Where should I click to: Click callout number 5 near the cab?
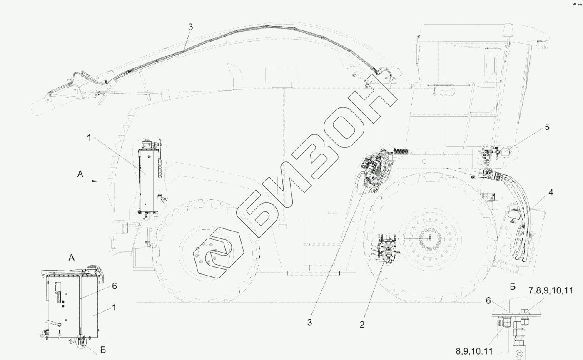coord(547,127)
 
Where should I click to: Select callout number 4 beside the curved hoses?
coord(551,192)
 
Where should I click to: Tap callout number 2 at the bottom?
coord(362,325)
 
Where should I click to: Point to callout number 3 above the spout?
coord(191,27)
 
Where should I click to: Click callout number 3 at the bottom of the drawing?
coord(309,323)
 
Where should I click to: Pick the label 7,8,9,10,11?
coord(551,290)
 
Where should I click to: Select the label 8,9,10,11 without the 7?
coord(474,351)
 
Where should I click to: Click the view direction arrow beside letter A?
coord(90,181)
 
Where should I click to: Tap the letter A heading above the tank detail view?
coord(71,258)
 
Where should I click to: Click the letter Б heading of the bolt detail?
coord(513,287)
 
